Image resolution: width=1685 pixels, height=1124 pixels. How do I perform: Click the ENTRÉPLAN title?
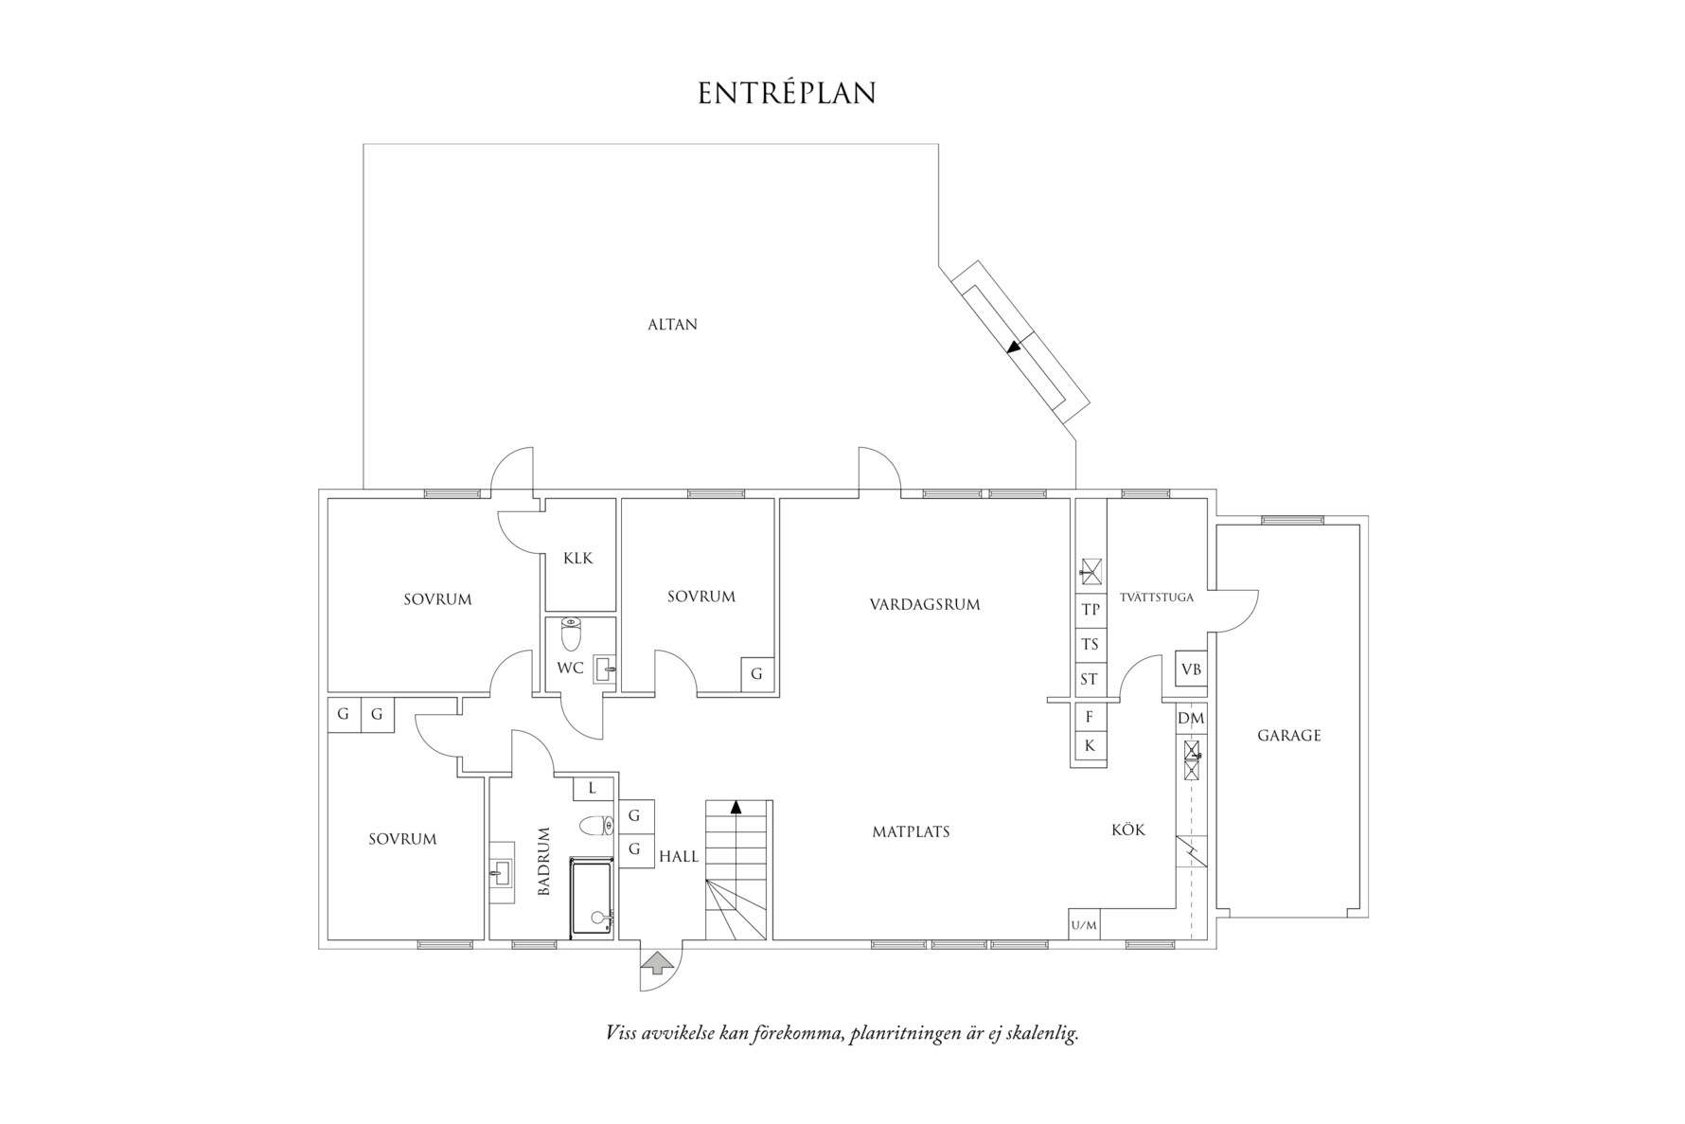[x=787, y=93]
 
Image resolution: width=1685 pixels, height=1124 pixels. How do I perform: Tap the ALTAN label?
[x=672, y=325]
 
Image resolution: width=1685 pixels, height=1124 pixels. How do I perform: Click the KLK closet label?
[x=577, y=558]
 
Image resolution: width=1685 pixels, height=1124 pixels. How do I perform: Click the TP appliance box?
[x=1091, y=610]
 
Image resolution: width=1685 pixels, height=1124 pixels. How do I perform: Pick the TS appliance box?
[x=1091, y=645]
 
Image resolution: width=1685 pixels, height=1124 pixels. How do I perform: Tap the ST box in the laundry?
[x=1090, y=680]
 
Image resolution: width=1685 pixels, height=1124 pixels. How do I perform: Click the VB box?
[x=1191, y=669]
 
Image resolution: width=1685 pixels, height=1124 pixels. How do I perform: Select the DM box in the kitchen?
[x=1191, y=719]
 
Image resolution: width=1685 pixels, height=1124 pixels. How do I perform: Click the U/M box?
[x=1084, y=925]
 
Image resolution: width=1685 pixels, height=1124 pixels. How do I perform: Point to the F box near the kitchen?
[x=1090, y=717]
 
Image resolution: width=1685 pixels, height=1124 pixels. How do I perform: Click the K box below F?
[x=1090, y=746]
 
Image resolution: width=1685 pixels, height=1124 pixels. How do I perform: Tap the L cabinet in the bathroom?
[x=593, y=788]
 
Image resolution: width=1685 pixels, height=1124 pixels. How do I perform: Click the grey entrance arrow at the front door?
[x=658, y=964]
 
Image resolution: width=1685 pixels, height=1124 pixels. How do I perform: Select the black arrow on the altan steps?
[x=1015, y=347]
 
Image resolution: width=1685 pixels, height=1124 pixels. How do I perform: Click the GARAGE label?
[x=1288, y=736]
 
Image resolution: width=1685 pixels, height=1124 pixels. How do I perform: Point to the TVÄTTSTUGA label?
[x=1156, y=598]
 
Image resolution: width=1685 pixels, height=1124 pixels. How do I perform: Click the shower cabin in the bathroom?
[x=593, y=898]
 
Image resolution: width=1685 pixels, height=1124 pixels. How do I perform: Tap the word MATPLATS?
[x=911, y=832]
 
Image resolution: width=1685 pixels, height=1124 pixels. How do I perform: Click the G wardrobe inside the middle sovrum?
[x=756, y=674]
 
